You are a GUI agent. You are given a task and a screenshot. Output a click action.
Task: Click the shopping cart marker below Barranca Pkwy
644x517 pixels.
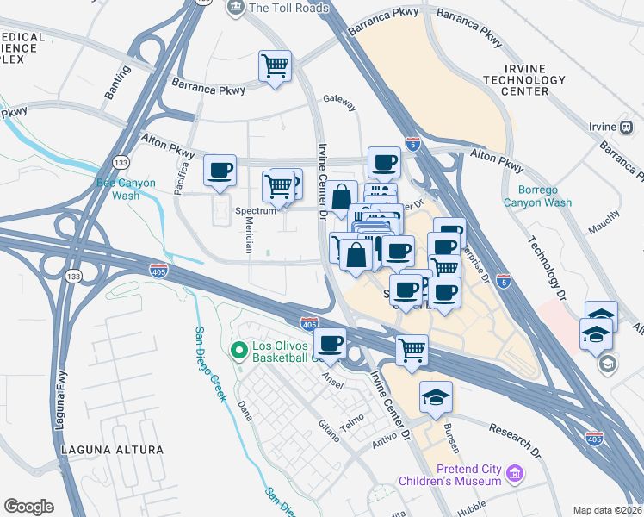[x=275, y=66]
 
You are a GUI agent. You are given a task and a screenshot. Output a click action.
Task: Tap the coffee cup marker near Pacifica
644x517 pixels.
[x=220, y=170]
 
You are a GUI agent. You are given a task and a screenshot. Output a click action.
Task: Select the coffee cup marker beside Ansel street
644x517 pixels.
[x=331, y=344]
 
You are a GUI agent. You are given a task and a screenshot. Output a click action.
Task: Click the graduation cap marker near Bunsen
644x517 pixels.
[x=436, y=397]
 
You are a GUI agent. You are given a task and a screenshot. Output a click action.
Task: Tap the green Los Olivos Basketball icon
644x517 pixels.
[x=239, y=351]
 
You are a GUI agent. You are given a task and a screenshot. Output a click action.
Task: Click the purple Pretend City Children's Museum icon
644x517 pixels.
[x=515, y=473]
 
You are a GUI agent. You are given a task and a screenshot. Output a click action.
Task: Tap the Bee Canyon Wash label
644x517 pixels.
[x=118, y=189]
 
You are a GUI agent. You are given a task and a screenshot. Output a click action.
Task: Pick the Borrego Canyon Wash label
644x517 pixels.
[x=545, y=196]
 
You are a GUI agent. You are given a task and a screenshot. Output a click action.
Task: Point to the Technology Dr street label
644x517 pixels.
[x=548, y=266]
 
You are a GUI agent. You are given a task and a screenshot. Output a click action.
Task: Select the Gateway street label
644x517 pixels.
[x=339, y=102]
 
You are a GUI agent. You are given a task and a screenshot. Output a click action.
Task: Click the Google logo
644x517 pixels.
[x=28, y=507]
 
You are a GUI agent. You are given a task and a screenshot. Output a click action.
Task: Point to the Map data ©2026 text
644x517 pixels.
[x=607, y=510]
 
